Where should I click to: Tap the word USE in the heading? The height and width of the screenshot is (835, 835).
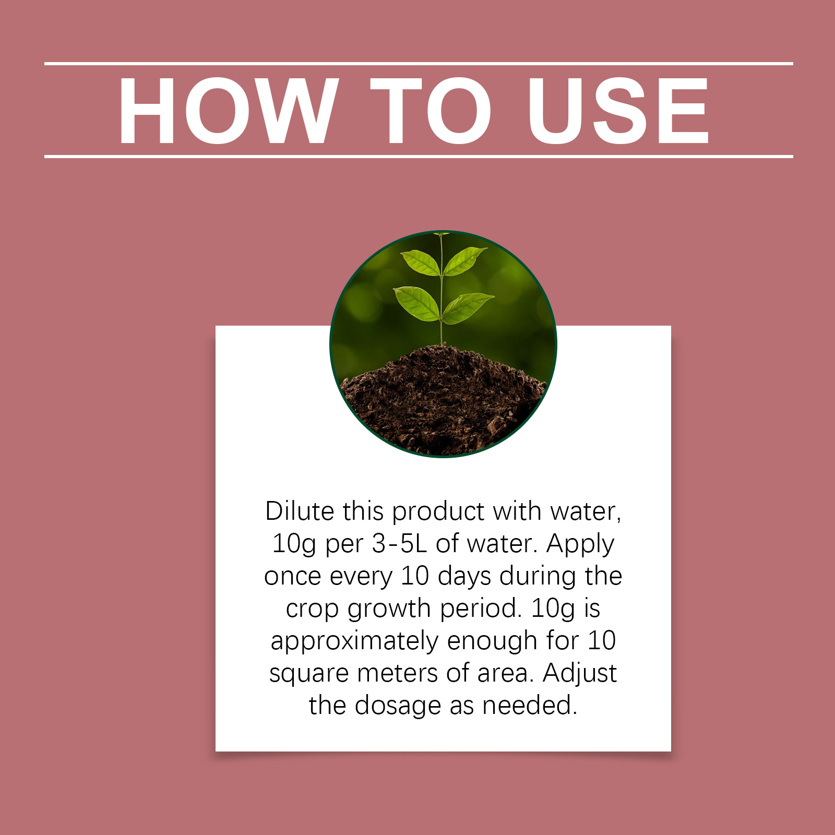[x=619, y=110]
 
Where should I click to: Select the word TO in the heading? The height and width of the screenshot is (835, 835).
[x=431, y=110]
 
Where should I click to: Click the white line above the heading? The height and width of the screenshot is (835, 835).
[x=419, y=64]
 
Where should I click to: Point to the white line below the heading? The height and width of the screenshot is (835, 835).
[x=419, y=156]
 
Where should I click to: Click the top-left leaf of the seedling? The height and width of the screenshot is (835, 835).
[x=421, y=263]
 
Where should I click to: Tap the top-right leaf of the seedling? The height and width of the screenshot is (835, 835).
[x=464, y=260]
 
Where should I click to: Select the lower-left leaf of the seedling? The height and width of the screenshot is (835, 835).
[x=417, y=303]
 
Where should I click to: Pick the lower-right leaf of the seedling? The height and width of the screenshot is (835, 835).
[x=467, y=307]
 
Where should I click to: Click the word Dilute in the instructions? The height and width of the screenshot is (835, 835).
[x=299, y=511]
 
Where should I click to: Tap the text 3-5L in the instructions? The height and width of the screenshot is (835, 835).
[x=399, y=543]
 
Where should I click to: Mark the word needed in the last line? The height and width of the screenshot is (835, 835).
[x=530, y=706]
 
